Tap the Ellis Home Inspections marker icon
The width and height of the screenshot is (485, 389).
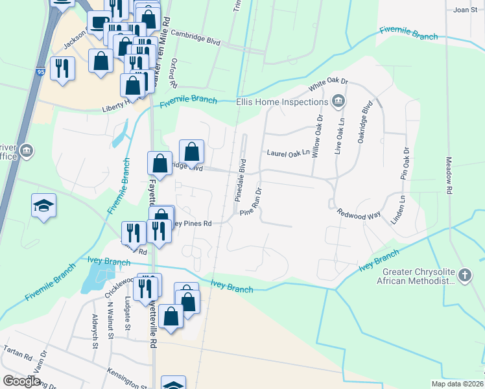(338, 101)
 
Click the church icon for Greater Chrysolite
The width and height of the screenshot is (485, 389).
(464, 276)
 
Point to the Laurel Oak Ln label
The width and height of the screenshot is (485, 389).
(289, 153)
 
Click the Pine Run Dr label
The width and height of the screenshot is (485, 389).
(250, 202)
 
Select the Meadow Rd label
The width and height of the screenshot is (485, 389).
(447, 175)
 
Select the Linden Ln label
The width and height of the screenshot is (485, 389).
(397, 209)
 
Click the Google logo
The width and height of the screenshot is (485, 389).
(22, 381)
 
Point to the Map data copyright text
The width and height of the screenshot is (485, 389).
(457, 384)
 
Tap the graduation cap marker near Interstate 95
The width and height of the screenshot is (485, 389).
(43, 206)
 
